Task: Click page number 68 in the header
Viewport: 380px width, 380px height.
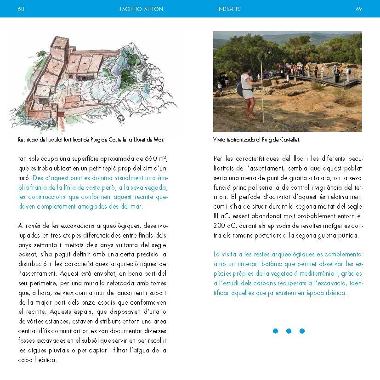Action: coord(21,9)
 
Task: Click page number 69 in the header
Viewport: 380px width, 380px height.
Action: coord(359,9)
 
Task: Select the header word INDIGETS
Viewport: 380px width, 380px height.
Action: coord(229,9)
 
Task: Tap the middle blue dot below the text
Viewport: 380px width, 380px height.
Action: coord(289,331)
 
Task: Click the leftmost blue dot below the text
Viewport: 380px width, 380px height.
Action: coord(275,331)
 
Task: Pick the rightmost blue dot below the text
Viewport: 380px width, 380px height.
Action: coord(302,331)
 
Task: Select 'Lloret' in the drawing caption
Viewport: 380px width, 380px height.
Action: coord(142,140)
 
